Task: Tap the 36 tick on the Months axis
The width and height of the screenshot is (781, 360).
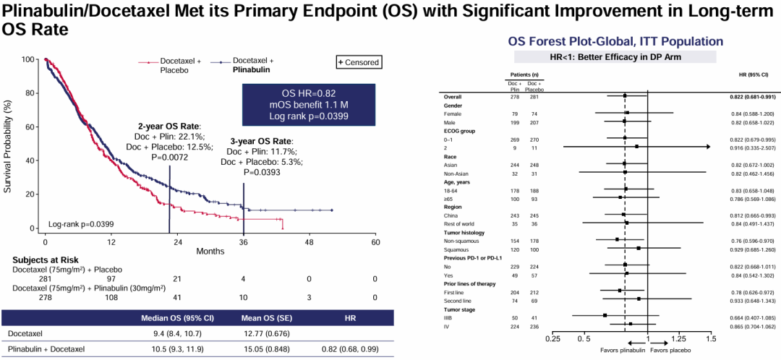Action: [243, 244]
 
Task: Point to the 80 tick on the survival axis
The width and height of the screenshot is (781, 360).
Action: [30, 93]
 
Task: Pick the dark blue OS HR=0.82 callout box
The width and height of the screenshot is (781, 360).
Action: [308, 105]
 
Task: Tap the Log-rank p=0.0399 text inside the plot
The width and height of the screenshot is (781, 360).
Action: [81, 224]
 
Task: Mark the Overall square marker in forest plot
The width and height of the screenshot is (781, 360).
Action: [624, 96]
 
